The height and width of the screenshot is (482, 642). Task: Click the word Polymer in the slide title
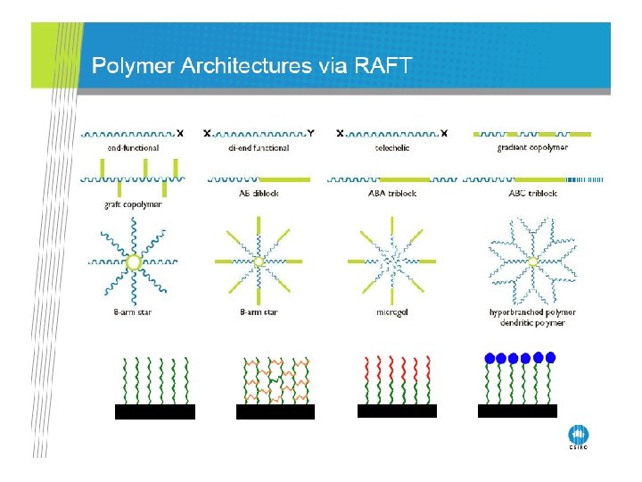coord(134,66)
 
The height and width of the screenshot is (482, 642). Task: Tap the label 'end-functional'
coord(126,147)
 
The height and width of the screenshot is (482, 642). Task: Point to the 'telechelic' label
coord(390,147)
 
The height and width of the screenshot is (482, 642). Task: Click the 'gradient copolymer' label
coord(532,147)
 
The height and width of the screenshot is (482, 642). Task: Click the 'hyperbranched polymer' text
coord(532,312)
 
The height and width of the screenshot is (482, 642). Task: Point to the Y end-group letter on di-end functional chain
coord(310,133)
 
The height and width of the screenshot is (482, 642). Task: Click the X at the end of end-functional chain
coord(181,133)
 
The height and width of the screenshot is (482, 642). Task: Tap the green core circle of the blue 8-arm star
coord(133,262)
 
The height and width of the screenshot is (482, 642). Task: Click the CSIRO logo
coord(579,436)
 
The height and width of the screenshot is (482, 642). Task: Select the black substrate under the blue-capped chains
coord(517,411)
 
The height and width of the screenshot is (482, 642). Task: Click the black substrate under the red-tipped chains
coord(397,411)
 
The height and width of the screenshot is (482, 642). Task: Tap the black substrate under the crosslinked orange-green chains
coord(275,411)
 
